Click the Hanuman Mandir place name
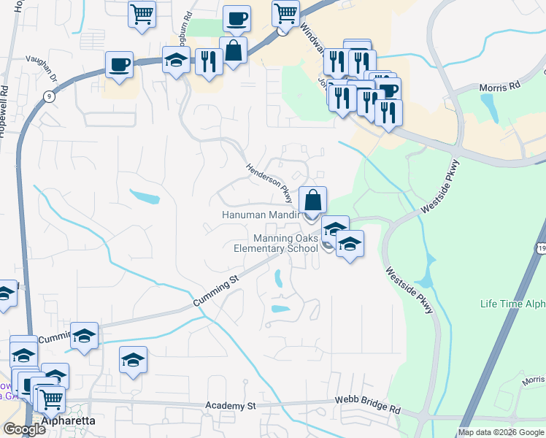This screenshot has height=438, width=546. pyautogui.click(x=261, y=215)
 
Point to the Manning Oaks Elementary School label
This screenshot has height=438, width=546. pyautogui.click(x=276, y=243)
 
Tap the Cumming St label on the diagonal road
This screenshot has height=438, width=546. pyautogui.click(x=217, y=290)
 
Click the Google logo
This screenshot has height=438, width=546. pyautogui.click(x=24, y=429)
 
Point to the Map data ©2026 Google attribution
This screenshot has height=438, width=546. pyautogui.click(x=501, y=432)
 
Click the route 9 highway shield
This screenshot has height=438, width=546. pyautogui.click(x=49, y=96)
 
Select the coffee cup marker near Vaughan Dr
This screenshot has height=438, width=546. pyautogui.click(x=119, y=64)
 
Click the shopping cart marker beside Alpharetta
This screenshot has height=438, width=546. pyautogui.click(x=50, y=399)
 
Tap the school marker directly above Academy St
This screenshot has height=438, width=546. pyautogui.click(x=133, y=361)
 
